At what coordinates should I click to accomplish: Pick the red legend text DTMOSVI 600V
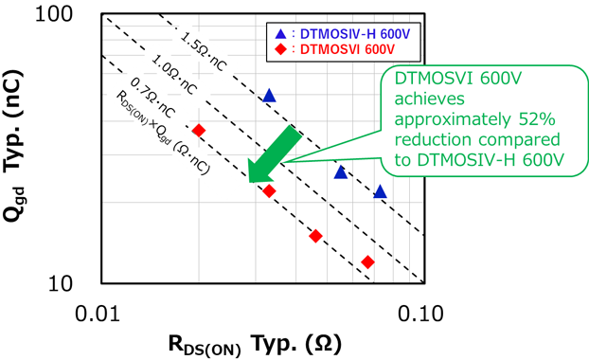[x=340, y=50]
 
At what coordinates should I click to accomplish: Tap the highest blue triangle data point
[x=269, y=96]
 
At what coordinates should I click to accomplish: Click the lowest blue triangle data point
[x=380, y=191]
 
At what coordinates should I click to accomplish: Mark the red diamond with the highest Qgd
[x=198, y=130]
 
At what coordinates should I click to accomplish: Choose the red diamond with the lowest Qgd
[x=367, y=261]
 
